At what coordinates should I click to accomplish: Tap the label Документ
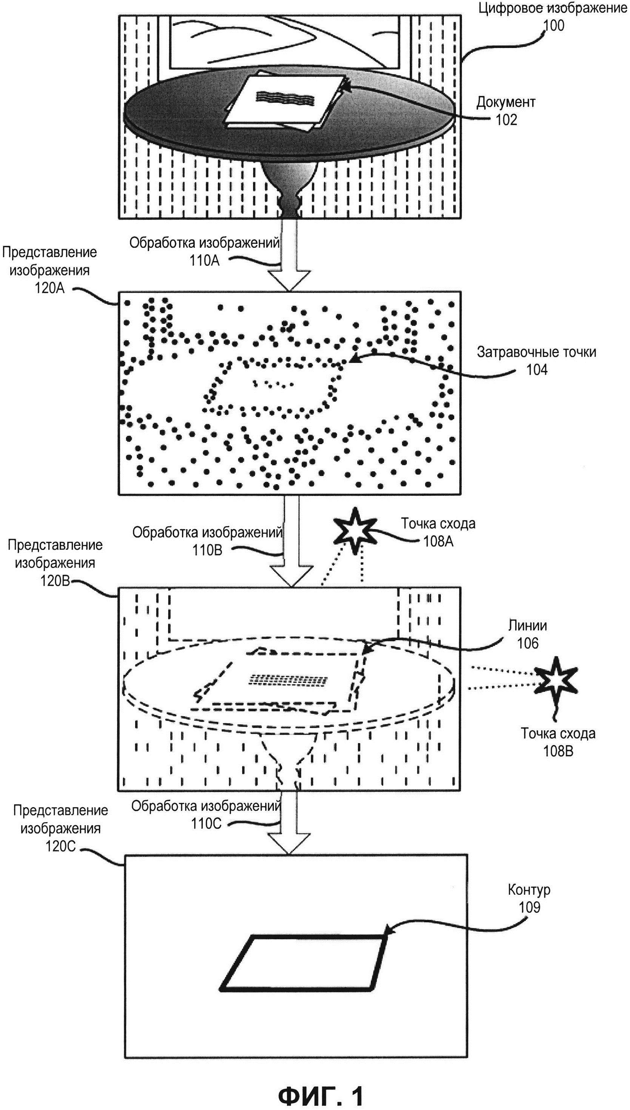[x=506, y=102]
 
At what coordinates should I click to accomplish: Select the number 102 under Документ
[x=506, y=120]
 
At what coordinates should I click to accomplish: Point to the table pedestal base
[x=289, y=190]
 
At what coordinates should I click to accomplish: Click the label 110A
[x=204, y=261]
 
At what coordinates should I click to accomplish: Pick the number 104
[x=537, y=370]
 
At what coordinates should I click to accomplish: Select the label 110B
[x=207, y=550]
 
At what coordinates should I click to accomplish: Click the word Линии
[x=527, y=625]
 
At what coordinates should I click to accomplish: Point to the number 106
[x=527, y=643]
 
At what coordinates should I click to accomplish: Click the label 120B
[x=55, y=580]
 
